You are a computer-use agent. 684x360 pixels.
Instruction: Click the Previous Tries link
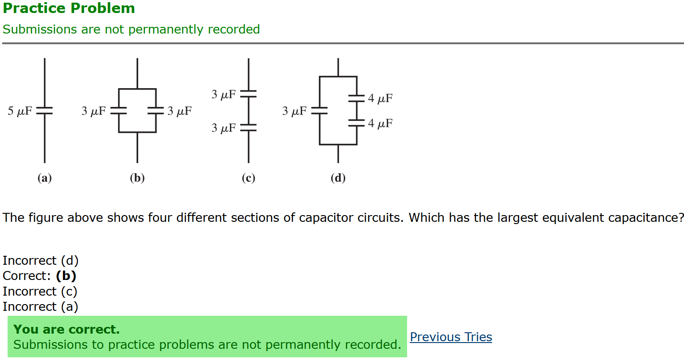450,337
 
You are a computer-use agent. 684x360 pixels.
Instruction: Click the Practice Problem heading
69,8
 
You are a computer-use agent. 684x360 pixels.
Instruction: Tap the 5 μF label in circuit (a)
20,110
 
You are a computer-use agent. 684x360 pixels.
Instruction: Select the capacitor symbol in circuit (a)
44,110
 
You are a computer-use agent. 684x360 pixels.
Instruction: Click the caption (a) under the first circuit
44,178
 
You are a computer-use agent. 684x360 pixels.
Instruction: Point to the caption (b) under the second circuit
137,178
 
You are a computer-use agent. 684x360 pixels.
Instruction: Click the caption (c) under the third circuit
248,178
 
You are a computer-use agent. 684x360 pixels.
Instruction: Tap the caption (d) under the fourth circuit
338,178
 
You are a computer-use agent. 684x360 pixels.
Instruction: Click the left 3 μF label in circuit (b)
93,110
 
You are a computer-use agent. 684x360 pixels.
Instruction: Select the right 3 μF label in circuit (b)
179,110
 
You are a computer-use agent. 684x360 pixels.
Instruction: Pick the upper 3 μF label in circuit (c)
223,94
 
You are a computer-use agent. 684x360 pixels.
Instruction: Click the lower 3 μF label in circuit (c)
223,128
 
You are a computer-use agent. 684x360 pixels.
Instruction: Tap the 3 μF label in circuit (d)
294,110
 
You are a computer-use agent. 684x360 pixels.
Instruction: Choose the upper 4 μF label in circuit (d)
380,98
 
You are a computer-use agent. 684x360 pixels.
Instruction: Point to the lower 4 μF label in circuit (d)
380,123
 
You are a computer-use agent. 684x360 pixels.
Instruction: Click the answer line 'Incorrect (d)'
40,260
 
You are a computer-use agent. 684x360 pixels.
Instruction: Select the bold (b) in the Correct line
66,275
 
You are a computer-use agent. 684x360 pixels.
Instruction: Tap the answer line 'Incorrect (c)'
40,291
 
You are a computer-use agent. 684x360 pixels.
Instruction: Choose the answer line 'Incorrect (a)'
40,306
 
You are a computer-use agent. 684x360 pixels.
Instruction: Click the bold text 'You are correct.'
67,329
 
